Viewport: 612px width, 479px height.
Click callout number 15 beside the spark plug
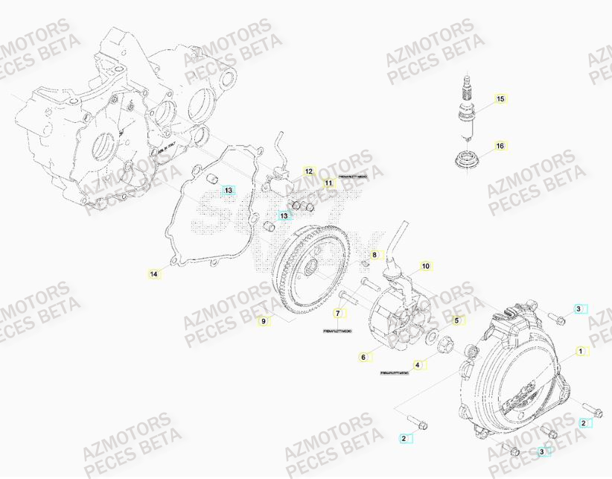point(500,98)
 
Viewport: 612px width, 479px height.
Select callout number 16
point(500,145)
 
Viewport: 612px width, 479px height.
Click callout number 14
point(153,274)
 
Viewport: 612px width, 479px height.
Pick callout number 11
point(328,183)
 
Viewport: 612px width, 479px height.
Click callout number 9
point(262,320)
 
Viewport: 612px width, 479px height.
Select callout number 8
point(374,255)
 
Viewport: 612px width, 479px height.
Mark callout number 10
point(425,265)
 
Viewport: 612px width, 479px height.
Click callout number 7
point(337,314)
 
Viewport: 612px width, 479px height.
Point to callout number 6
point(363,358)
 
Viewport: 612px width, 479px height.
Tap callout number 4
point(418,365)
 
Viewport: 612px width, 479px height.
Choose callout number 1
point(580,349)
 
